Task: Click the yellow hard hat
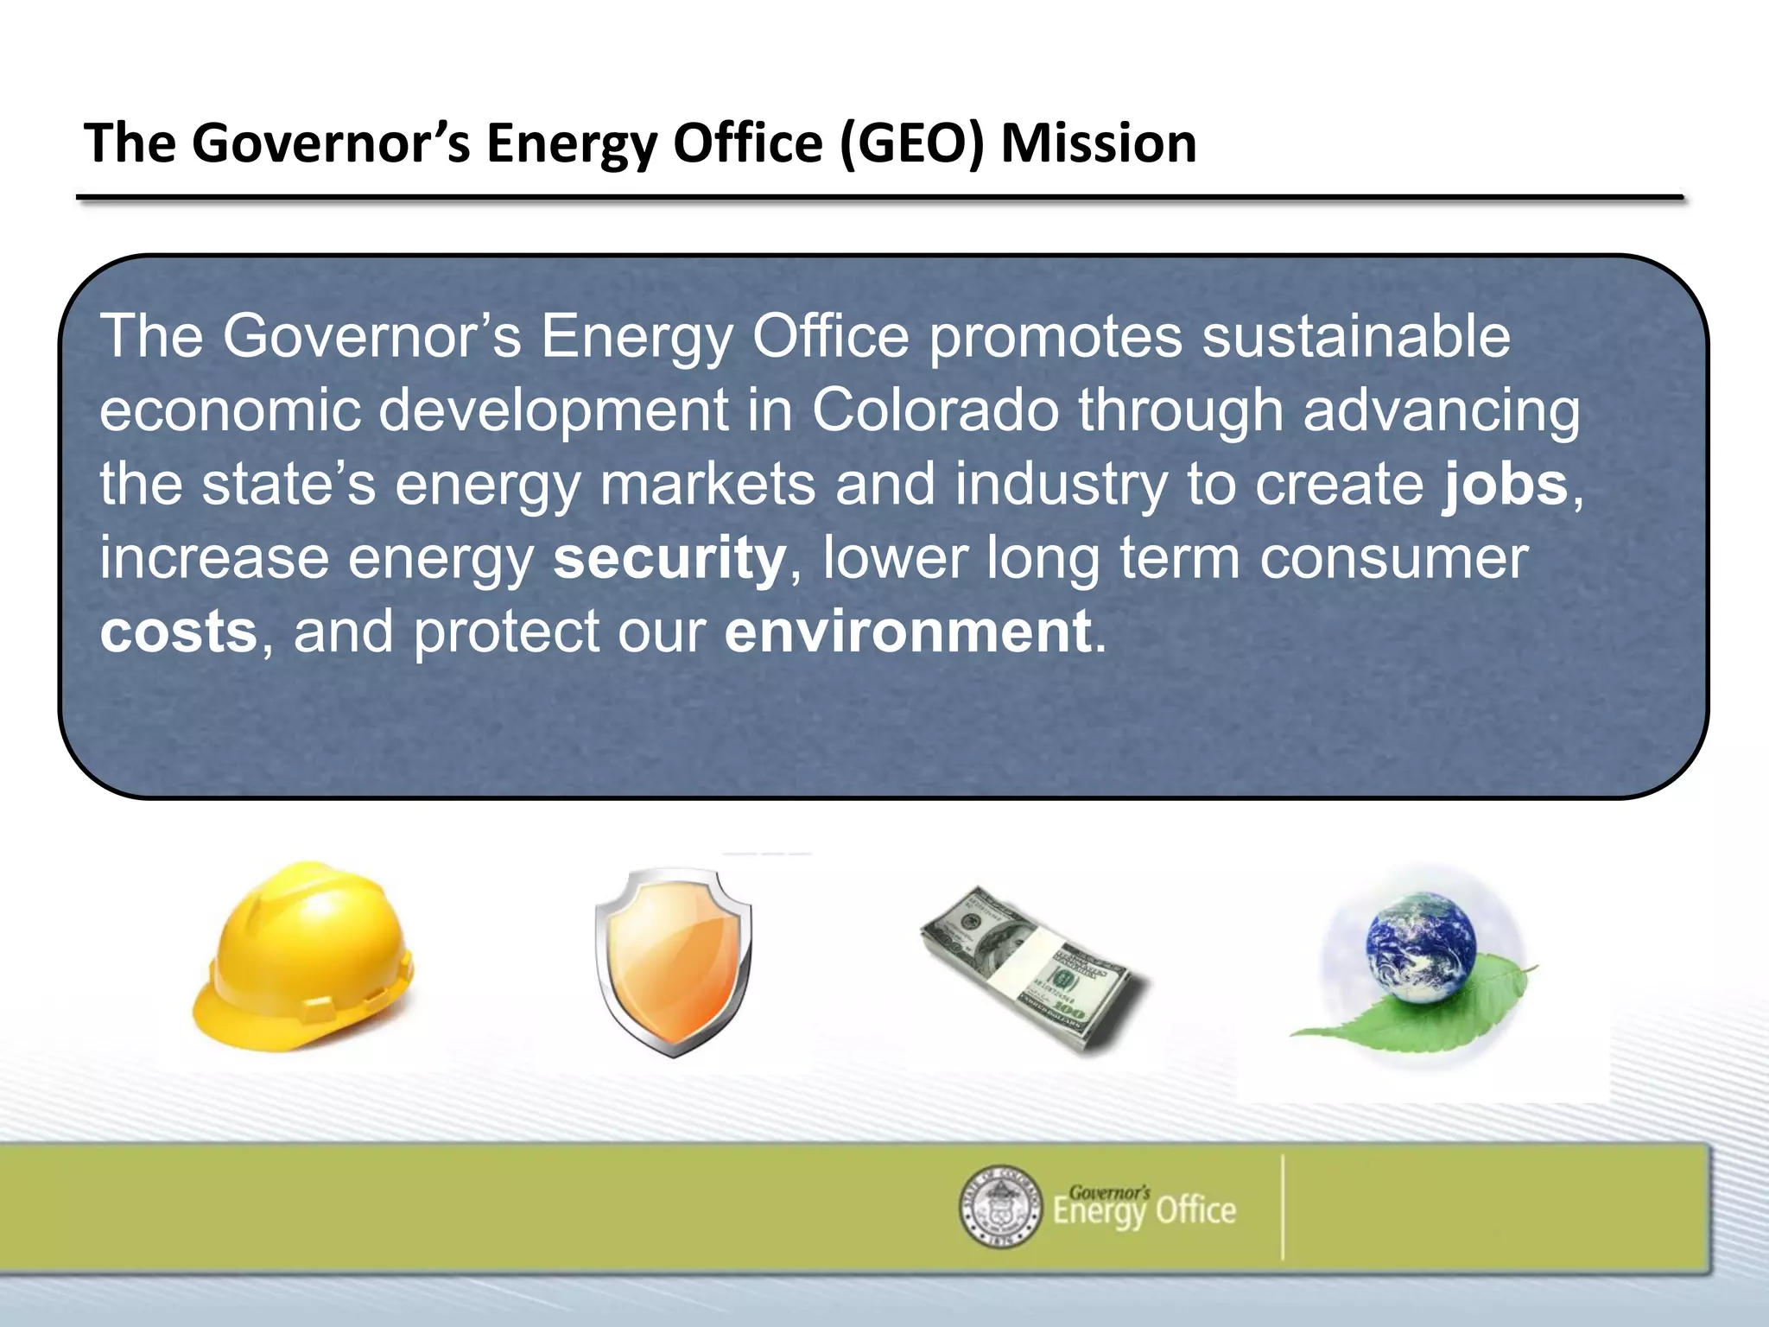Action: click(302, 955)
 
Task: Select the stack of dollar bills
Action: click(1032, 968)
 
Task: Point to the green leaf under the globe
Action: click(1468, 1011)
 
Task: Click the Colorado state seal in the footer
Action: click(1000, 1206)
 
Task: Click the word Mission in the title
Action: click(1098, 143)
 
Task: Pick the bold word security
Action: click(669, 558)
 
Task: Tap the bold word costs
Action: click(179, 632)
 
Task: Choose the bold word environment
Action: click(908, 632)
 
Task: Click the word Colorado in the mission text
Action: click(935, 410)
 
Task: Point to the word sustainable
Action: click(1356, 336)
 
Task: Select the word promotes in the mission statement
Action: click(1056, 336)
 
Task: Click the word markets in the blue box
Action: click(707, 484)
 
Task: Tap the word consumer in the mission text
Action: click(1393, 558)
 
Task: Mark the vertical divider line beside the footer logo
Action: click(1283, 1207)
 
